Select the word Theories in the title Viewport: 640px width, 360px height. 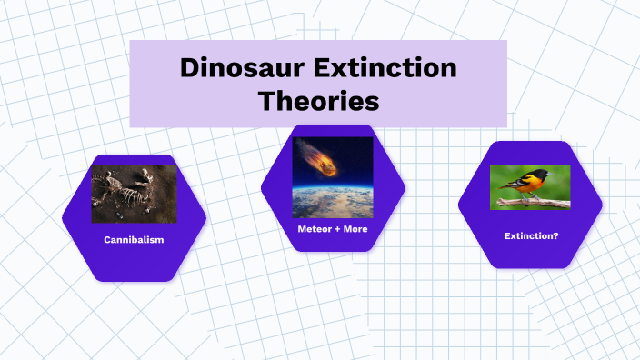(x=318, y=100)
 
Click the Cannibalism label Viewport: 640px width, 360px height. (x=134, y=240)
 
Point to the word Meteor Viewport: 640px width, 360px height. (x=315, y=229)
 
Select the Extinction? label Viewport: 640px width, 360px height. (x=531, y=235)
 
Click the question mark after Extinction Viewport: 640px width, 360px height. (x=555, y=235)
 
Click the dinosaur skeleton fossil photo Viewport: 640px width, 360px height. (x=134, y=194)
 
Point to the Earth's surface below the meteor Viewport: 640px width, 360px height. (x=333, y=205)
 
